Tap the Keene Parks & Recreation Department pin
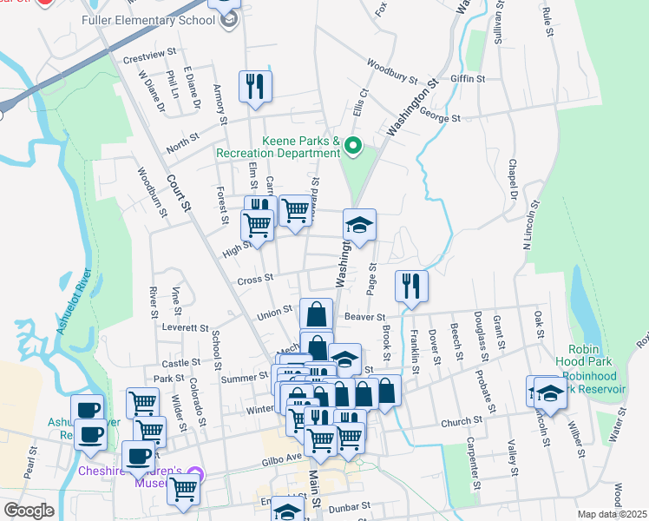tap(352, 146)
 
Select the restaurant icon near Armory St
tap(255, 87)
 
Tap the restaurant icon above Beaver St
tap(410, 287)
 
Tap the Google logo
tap(29, 510)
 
